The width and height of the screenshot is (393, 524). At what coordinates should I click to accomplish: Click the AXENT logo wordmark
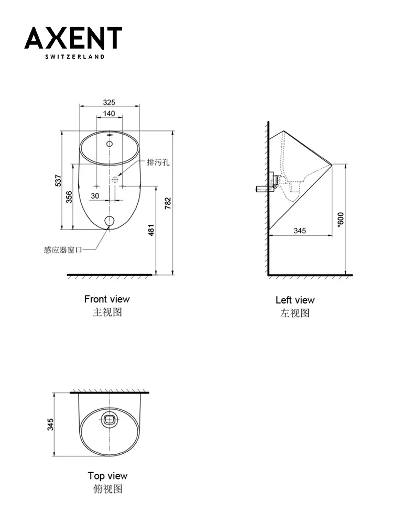pyautogui.click(x=73, y=38)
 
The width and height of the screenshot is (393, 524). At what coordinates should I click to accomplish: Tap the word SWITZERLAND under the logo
pyautogui.click(x=75, y=57)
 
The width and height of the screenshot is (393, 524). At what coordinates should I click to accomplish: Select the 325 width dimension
pyautogui.click(x=109, y=102)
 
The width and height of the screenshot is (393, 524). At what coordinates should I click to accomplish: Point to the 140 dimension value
pyautogui.click(x=109, y=114)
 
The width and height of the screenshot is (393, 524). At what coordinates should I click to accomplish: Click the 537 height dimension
pyautogui.click(x=59, y=180)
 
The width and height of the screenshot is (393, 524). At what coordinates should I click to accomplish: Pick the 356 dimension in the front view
pyautogui.click(x=69, y=197)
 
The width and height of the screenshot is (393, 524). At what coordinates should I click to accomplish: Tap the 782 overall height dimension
pyautogui.click(x=168, y=203)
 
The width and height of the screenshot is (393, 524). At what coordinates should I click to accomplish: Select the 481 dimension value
pyautogui.click(x=151, y=230)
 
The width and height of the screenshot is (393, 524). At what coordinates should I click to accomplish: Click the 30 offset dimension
pyautogui.click(x=95, y=196)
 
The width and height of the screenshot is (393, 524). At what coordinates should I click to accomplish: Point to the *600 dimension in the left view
pyautogui.click(x=340, y=220)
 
